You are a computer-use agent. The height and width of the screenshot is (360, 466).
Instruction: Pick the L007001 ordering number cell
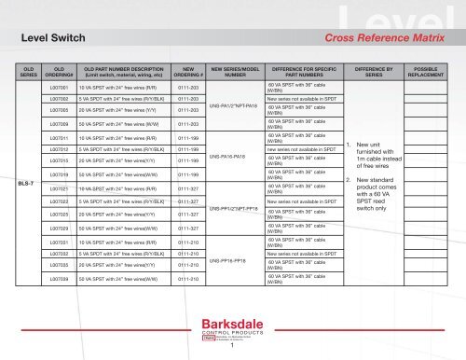(x=59, y=86)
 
